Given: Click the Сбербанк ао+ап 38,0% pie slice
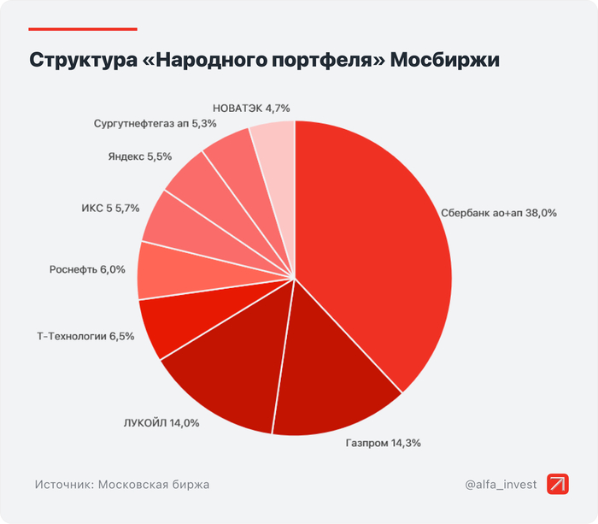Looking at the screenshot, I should (x=376, y=248).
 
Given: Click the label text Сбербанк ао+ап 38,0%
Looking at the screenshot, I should (x=499, y=213).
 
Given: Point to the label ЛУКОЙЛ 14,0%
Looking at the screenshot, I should (x=161, y=421).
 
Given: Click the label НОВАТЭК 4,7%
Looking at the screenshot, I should (x=251, y=108).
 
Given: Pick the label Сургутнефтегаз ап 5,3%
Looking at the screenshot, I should (x=155, y=123).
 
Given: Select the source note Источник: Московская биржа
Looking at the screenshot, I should (x=122, y=485).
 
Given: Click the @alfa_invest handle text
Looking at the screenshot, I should (x=501, y=485).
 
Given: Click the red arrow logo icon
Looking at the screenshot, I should (x=558, y=484).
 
